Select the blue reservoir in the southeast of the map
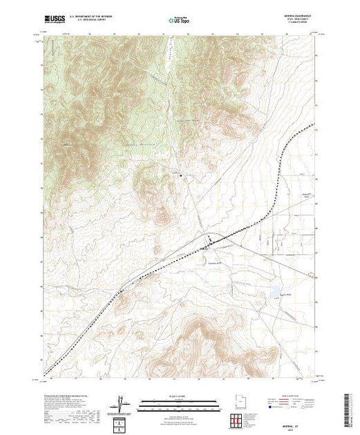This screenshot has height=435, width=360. click(275, 290)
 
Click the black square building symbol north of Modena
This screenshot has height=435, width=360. click(181, 176)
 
